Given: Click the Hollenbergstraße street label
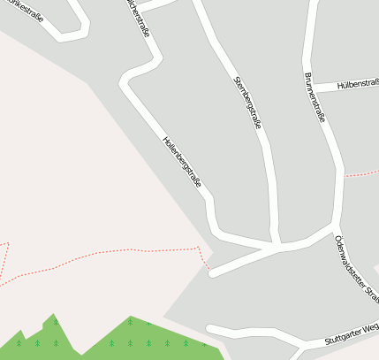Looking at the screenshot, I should coord(182,162).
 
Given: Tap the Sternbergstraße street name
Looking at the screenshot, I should coord(247,103).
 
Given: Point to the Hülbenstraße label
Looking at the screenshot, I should coord(359,85).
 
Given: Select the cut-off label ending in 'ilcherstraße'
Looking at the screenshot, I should coord(142,19).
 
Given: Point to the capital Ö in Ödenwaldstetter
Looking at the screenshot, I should coord(338,239).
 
